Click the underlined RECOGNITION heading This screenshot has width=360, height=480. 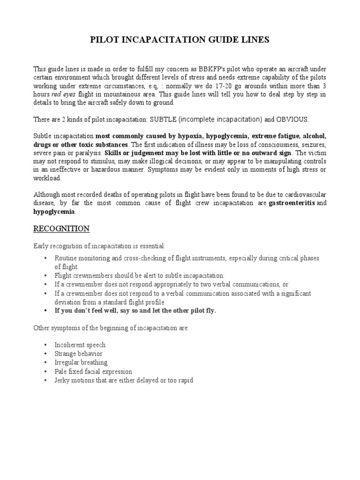click(61, 228)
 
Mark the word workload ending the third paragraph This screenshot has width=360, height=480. click(47, 178)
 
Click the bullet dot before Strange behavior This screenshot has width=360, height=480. click(45, 353)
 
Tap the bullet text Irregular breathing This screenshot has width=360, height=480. click(81, 362)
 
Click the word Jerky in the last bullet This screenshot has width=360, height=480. click(63, 380)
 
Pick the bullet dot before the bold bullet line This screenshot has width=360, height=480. click(45, 310)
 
